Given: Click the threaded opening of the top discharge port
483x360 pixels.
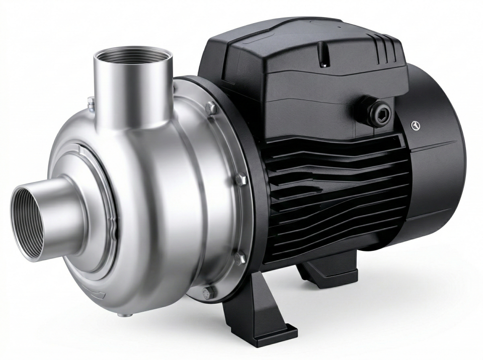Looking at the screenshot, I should [x=133, y=55].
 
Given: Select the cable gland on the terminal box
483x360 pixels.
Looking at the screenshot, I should [x=377, y=112].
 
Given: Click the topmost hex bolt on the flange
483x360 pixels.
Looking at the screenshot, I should [x=210, y=107].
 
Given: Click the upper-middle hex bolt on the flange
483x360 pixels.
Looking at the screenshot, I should [x=240, y=179].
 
